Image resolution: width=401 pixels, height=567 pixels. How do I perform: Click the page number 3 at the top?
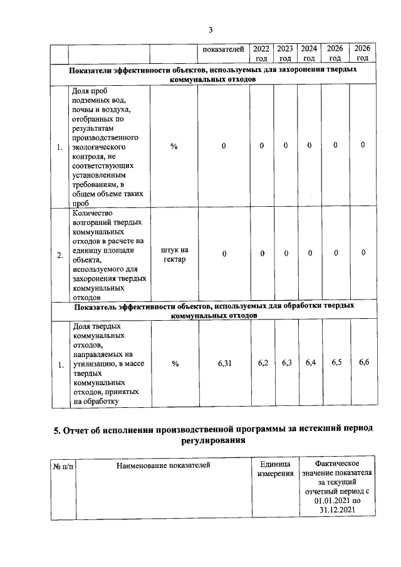tap(211, 29)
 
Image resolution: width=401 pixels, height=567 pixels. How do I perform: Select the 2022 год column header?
tap(261, 53)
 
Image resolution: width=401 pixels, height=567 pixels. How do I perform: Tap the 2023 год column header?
tap(286, 53)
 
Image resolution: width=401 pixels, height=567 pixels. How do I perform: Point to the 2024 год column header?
tap(309, 53)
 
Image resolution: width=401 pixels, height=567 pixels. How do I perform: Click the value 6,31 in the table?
tap(224, 363)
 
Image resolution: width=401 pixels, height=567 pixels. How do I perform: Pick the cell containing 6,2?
tap(263, 363)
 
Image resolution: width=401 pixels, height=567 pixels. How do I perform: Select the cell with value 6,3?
tap(286, 363)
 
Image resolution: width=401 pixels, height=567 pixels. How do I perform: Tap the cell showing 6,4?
tap(310, 363)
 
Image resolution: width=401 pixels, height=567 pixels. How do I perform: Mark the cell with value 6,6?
tap(363, 363)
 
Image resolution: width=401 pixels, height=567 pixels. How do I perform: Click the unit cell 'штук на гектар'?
tap(174, 255)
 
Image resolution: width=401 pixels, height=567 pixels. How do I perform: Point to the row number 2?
tap(60, 256)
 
